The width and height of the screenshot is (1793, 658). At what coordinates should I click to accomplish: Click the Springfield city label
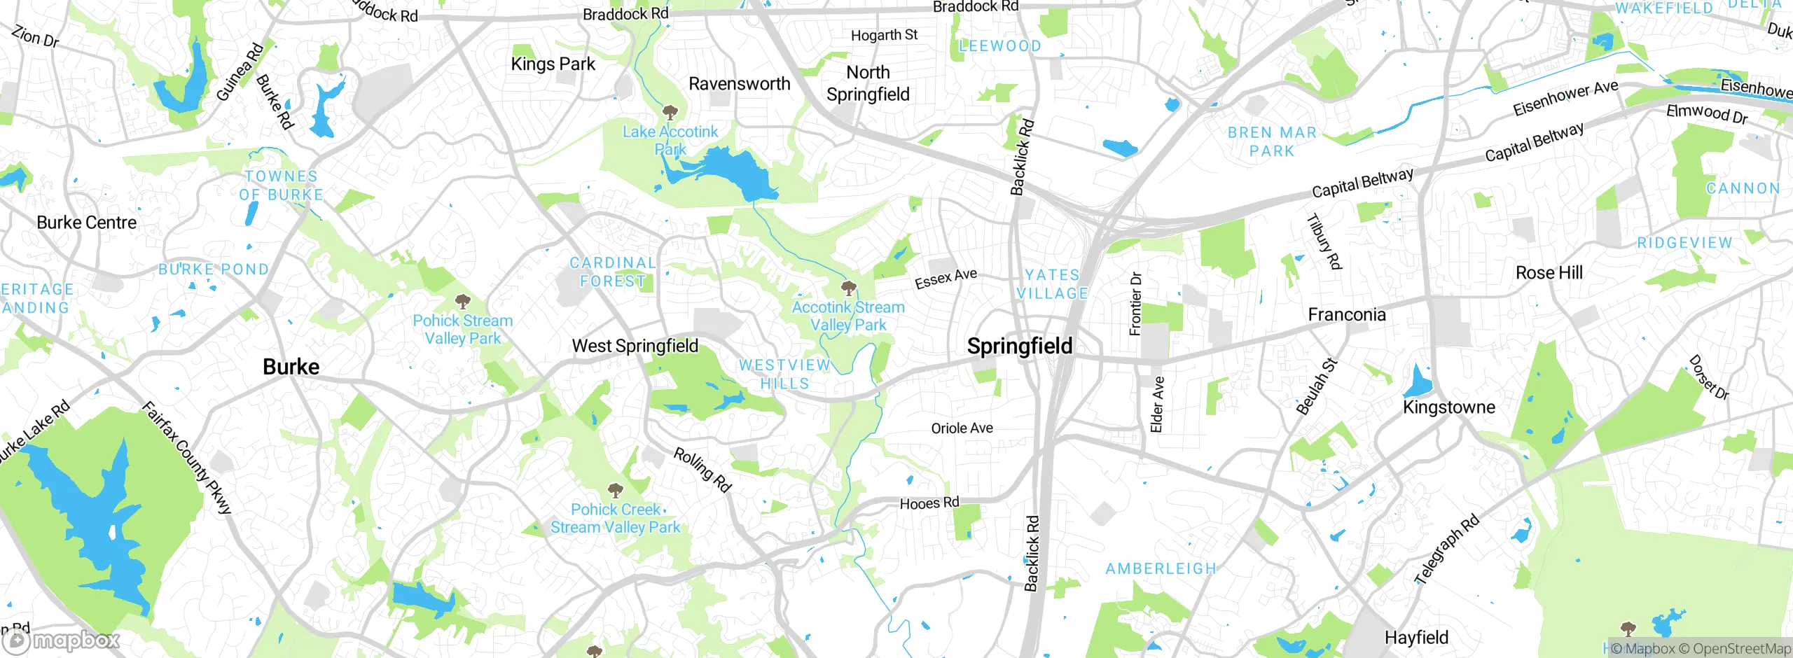(1019, 346)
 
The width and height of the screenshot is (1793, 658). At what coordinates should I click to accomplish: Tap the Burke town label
(291, 367)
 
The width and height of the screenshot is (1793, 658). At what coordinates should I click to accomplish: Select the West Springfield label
(635, 346)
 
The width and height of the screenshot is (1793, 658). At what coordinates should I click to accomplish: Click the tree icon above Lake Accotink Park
(670, 112)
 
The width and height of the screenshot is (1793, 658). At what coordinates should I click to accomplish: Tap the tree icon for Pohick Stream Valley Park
(462, 302)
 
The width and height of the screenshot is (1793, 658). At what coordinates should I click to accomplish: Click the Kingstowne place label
(1448, 407)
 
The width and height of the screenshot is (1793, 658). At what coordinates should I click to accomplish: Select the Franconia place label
(1346, 315)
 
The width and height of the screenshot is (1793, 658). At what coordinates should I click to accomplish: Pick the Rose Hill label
(1549, 272)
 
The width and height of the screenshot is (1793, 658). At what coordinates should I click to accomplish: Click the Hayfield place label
(1416, 638)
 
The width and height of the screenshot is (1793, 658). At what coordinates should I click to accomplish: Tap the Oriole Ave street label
(962, 428)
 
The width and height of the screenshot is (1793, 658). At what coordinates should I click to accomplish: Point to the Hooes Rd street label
(929, 503)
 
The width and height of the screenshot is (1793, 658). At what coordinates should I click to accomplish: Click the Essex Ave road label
(946, 278)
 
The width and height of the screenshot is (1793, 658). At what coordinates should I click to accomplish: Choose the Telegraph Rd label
(1447, 549)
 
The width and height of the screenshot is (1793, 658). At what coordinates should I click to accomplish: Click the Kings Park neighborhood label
(553, 64)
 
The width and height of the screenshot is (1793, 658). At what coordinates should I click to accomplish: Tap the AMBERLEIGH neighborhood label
(1161, 568)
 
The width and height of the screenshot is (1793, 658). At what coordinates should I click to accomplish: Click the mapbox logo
(62, 640)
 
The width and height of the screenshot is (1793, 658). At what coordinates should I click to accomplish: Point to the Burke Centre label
(86, 223)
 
